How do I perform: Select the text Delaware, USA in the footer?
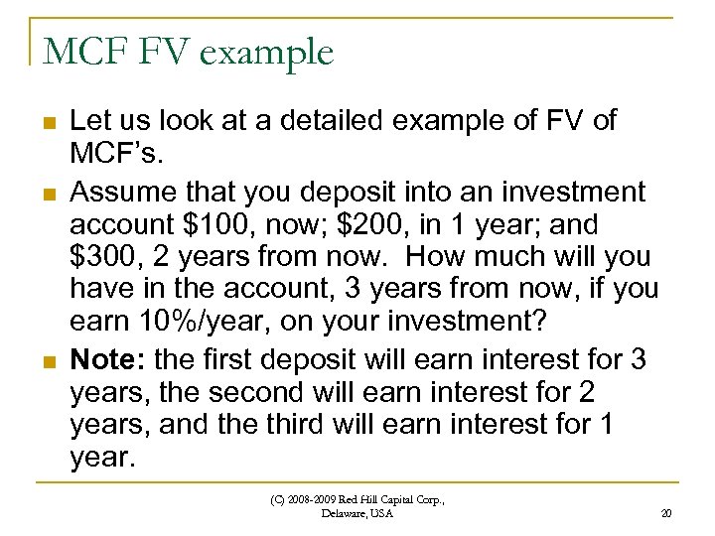(x=357, y=513)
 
